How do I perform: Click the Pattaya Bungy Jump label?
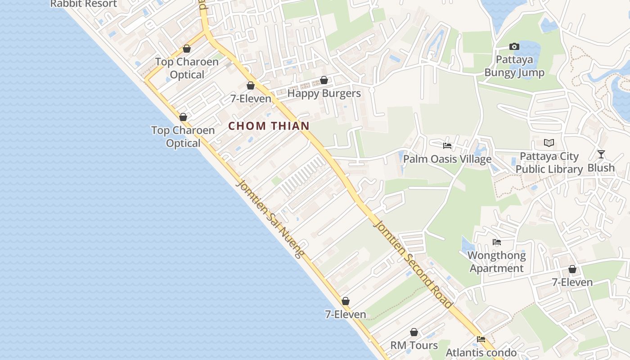point(514,66)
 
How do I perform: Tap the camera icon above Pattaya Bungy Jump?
point(514,46)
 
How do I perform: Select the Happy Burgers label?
point(324,93)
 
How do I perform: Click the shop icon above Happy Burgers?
point(324,80)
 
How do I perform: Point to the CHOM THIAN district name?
point(269,126)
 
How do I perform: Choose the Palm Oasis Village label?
point(447,159)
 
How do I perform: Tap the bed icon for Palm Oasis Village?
point(447,145)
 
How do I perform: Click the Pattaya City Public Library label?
point(549,163)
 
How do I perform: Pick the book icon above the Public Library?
point(549,143)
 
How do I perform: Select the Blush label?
point(601,168)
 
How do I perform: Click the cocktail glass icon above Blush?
point(601,154)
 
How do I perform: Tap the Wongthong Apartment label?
point(496,262)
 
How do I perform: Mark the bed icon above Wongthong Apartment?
point(496,242)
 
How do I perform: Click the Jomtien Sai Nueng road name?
point(269,219)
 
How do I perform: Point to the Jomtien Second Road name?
point(413,264)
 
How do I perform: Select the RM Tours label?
point(414,345)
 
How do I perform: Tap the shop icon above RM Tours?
point(414,332)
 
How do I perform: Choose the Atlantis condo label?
point(481,352)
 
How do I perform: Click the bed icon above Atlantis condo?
point(481,339)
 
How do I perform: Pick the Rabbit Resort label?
point(83,4)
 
